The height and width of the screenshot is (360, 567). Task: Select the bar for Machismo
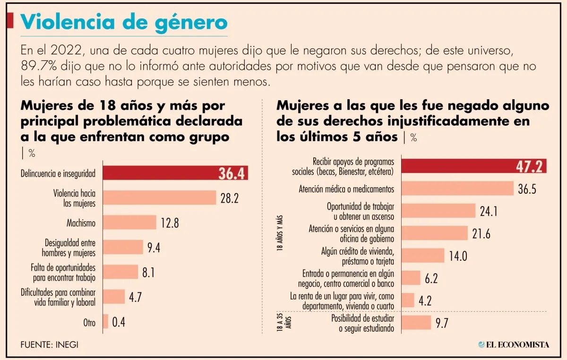[x=129, y=223]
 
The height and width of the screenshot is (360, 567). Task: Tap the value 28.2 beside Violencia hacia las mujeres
[x=230, y=198]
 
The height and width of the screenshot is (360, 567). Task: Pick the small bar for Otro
[x=105, y=322]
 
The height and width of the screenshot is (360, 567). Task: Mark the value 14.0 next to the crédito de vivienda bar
[x=458, y=256]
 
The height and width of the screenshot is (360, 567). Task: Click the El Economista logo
[x=514, y=344]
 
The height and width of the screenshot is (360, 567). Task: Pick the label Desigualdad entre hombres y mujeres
[x=70, y=247]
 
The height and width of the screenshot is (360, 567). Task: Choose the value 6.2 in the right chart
[x=431, y=278]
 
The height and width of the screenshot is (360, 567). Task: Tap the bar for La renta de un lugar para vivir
[x=408, y=300]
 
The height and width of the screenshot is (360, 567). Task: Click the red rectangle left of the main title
[x=9, y=21]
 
